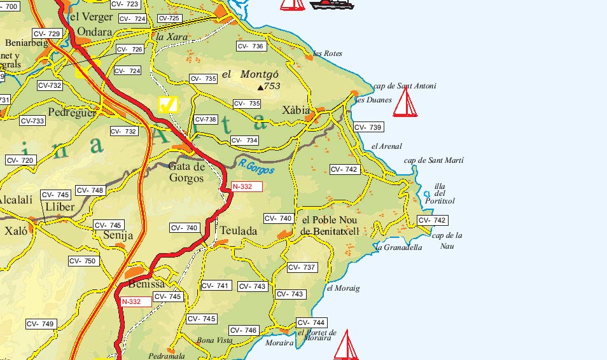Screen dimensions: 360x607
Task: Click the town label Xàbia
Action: [296, 110]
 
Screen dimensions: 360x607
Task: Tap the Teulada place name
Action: [237, 232]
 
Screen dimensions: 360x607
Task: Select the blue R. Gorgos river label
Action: [257, 167]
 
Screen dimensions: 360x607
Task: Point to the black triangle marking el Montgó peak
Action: [260, 88]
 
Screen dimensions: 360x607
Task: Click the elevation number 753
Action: [272, 87]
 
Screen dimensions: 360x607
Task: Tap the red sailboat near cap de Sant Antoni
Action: [405, 103]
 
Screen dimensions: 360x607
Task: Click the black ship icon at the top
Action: [331, 4]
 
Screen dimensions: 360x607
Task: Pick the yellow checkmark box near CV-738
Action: [168, 104]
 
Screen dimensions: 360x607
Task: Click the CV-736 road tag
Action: [250, 46]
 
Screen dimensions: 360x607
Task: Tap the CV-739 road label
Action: [368, 127]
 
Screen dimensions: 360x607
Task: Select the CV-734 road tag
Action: [244, 140]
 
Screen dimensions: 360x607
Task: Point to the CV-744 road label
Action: [311, 323]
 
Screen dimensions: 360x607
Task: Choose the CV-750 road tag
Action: [83, 261]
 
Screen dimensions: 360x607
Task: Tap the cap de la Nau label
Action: [447, 240]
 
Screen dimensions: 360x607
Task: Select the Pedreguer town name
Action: [72, 113]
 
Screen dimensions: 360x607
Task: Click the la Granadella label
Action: [399, 247]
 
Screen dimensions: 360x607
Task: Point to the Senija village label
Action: [118, 236]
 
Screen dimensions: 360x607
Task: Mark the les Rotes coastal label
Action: [328, 54]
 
